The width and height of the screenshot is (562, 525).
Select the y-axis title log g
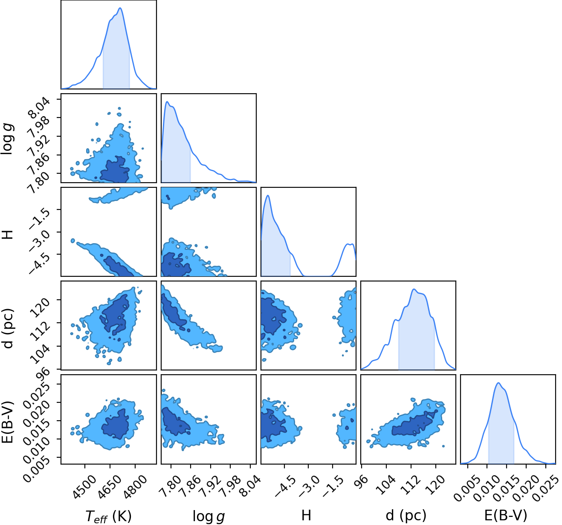click(x=7, y=138)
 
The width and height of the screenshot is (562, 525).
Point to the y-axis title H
click(x=7, y=234)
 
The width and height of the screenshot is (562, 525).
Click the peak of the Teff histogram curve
click(x=120, y=8)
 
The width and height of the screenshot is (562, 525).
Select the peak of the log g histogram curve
click(x=167, y=101)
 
